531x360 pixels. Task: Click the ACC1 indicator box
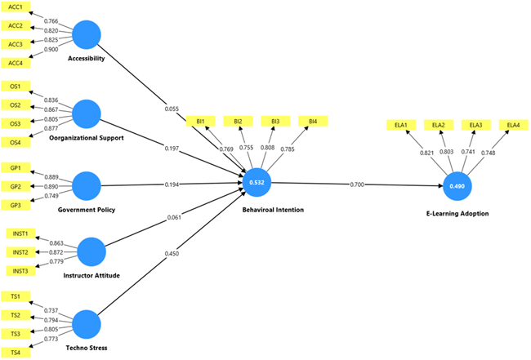[16, 7]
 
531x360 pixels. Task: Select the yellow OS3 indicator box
[16, 123]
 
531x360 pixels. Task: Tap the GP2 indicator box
[16, 186]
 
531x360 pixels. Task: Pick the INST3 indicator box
[19, 270]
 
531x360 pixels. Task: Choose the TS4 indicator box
[16, 352]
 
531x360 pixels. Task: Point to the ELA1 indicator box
[401, 124]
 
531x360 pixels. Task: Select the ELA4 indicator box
[512, 124]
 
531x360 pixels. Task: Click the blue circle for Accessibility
[87, 34]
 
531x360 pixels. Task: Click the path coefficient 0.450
[172, 253]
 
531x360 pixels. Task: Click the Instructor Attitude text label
[91, 276]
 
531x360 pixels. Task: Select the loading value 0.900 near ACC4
[51, 50]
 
